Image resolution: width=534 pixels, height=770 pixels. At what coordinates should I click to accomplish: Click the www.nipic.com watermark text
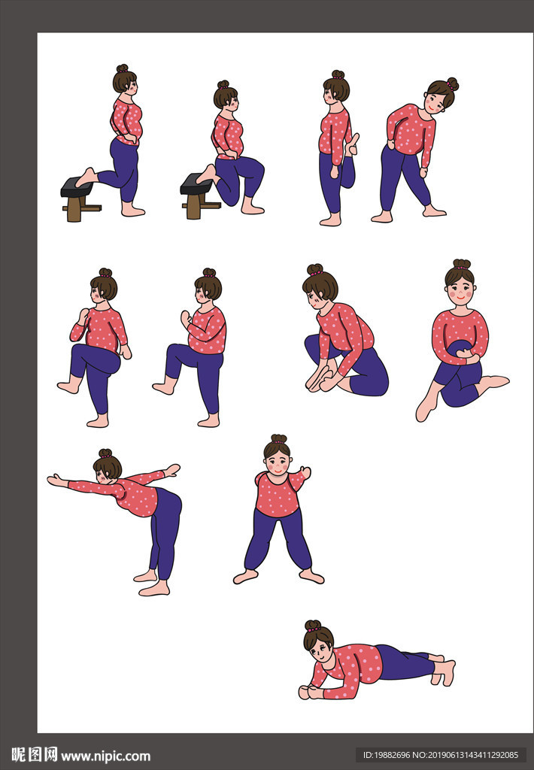coord(105,756)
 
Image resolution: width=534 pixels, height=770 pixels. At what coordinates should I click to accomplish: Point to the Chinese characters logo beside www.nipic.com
coord(34,755)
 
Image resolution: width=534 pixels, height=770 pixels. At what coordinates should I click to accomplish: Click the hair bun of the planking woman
coord(312,626)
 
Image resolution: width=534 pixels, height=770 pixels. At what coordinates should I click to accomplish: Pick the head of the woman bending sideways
coord(441,95)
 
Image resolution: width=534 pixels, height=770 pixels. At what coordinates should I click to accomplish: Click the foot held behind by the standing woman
coord(352,144)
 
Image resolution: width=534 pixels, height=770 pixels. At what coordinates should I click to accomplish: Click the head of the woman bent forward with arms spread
coord(107,466)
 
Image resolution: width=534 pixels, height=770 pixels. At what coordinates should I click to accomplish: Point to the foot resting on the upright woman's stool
coord(86,177)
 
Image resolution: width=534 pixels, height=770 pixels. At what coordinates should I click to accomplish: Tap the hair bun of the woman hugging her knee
coord(461,264)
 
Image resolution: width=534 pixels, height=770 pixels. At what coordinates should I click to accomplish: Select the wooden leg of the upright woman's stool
coord(74,209)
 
